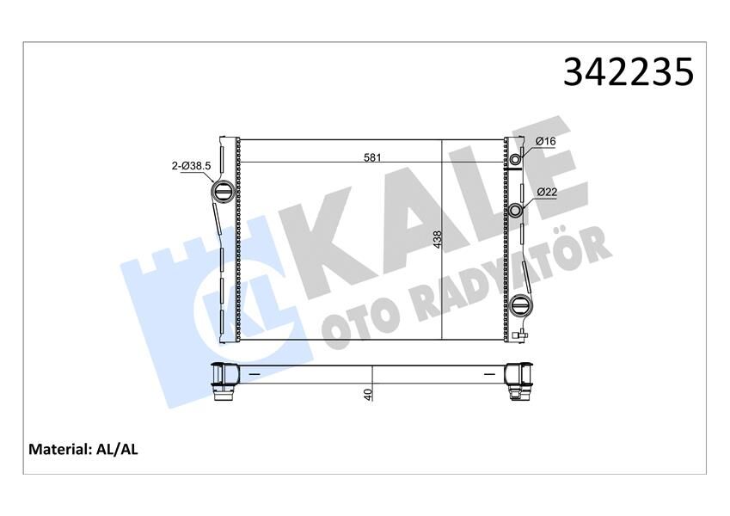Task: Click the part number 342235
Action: [x=628, y=72]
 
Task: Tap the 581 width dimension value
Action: [x=371, y=157]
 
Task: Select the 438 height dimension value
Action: [x=437, y=239]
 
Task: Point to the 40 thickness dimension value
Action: [x=368, y=395]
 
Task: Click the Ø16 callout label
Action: [x=546, y=142]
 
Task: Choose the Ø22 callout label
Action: [x=546, y=193]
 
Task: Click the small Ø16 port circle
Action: [x=516, y=160]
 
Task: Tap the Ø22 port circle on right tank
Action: [x=516, y=211]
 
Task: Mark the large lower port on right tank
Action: [x=520, y=306]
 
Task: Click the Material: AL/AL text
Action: [x=83, y=449]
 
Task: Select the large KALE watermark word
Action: [x=430, y=215]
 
